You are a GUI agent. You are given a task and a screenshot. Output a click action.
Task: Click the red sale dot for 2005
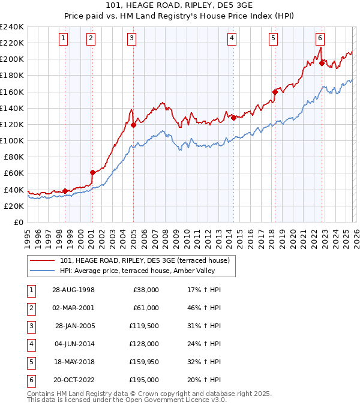pyautogui.click(x=134, y=125)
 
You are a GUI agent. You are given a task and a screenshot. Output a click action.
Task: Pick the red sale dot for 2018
pyautogui.click(x=275, y=92)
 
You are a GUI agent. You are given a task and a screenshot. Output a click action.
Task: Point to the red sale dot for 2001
pyautogui.click(x=92, y=172)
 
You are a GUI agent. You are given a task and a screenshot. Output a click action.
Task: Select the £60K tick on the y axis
pyautogui.click(x=14, y=173)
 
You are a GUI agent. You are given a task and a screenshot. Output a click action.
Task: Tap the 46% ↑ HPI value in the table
pyautogui.click(x=203, y=308)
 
